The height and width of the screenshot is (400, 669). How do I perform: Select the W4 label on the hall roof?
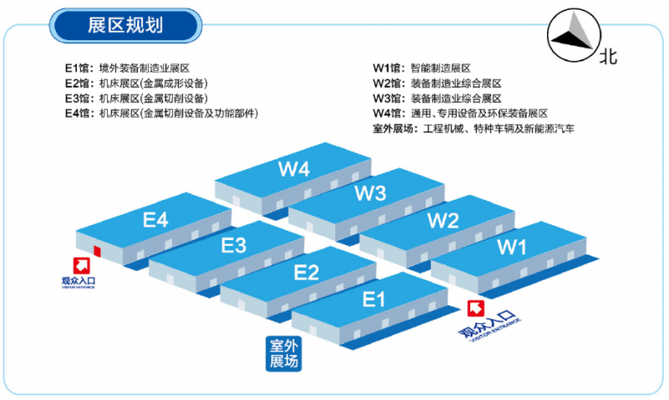294,169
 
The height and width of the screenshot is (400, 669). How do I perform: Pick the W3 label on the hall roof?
370,193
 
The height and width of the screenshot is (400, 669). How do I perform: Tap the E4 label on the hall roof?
156,220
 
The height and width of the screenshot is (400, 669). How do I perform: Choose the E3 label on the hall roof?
233,245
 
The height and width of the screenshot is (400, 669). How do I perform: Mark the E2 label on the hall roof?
306,272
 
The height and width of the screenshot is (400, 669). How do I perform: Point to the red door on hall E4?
97,250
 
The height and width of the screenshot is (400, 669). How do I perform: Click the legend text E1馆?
80,68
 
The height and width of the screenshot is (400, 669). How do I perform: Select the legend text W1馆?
389,68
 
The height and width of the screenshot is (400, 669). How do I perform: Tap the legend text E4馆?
80,113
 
